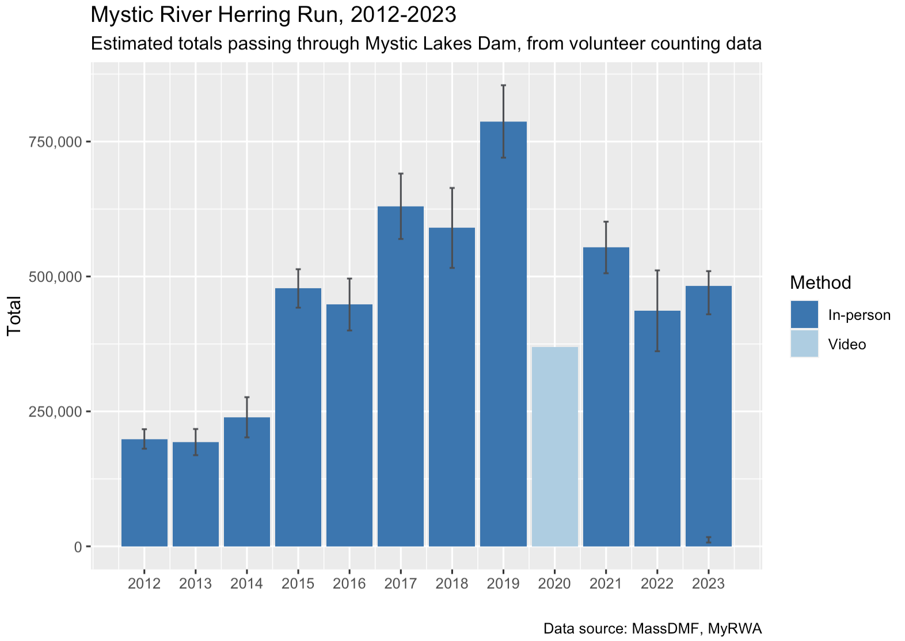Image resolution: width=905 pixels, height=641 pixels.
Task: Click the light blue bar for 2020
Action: point(554,447)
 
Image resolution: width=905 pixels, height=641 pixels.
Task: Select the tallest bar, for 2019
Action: point(503,334)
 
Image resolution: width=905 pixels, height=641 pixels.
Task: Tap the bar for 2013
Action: point(196,494)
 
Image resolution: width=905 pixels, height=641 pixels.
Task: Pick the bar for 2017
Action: point(400,376)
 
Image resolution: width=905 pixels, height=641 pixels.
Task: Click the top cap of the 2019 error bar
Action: point(503,85)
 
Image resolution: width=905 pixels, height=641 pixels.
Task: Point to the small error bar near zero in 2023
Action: point(709,540)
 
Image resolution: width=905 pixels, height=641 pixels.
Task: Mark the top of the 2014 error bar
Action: point(247,397)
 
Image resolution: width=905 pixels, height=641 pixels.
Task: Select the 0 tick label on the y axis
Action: point(78,547)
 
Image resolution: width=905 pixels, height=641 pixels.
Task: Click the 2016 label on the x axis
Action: point(349,583)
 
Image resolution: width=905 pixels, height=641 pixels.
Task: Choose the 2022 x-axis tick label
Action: point(657,583)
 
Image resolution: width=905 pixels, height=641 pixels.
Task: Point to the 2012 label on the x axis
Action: point(145,583)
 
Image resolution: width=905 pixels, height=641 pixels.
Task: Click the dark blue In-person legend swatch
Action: point(804,314)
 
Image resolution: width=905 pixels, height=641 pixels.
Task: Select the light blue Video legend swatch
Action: point(804,344)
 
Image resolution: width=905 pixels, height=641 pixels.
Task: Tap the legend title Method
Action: point(820,283)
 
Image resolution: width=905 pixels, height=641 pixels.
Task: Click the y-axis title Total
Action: point(14,315)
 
